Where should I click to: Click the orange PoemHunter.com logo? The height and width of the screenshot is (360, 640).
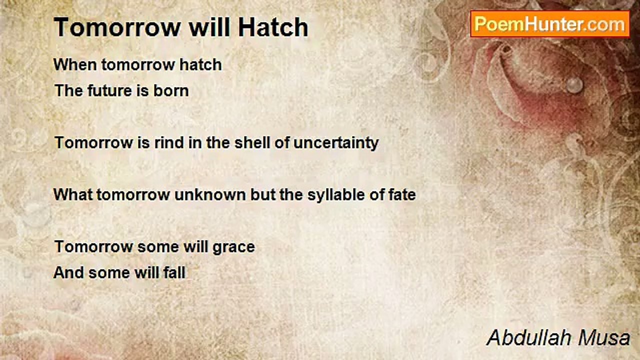coord(549,24)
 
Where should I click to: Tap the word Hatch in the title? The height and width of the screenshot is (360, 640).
coord(273,27)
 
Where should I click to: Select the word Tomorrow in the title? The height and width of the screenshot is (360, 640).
coord(117,27)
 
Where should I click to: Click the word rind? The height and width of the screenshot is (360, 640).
coord(169,142)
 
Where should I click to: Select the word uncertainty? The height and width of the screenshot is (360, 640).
coord(336,143)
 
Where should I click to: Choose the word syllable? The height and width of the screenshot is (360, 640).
coord(336,195)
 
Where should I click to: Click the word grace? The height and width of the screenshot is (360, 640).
coord(233,247)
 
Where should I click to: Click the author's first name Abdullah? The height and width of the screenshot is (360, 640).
coord(529,338)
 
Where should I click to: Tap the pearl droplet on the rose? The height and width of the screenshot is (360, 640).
coord(574,85)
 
